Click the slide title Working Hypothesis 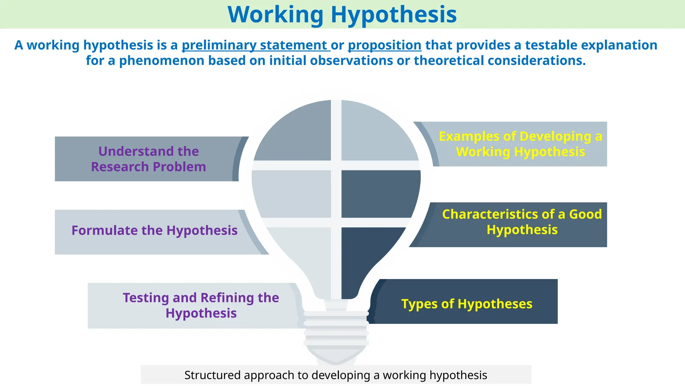[x=342, y=15]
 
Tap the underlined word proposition [x=385, y=45]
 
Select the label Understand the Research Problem [x=149, y=159]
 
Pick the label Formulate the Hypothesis [x=155, y=231]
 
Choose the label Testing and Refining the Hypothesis [x=201, y=305]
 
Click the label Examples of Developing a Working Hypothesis [x=520, y=144]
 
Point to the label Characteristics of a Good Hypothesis [x=522, y=222]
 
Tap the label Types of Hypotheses [x=467, y=304]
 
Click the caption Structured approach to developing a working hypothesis [x=335, y=375]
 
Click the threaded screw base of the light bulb [x=336, y=330]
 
